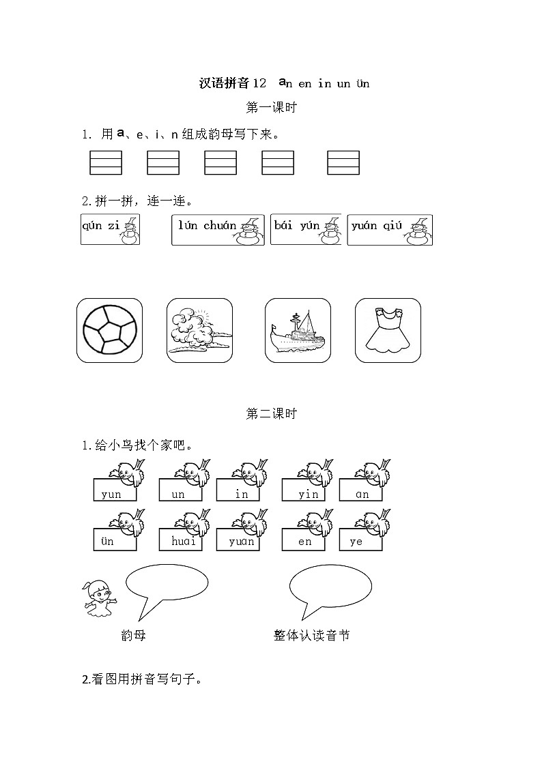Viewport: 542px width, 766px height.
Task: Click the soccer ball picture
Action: [x=109, y=330]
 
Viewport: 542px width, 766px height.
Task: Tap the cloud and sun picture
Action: [x=199, y=330]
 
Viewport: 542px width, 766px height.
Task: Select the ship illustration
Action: [x=298, y=330]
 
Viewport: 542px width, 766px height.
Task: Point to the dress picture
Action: [x=388, y=330]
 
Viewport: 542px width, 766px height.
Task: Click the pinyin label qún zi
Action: [x=101, y=226]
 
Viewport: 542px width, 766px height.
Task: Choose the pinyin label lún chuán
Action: [x=208, y=226]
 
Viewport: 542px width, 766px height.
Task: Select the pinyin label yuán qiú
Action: [x=377, y=226]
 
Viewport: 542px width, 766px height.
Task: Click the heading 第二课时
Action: [x=271, y=413]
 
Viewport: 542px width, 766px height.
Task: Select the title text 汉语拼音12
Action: [x=232, y=84]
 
